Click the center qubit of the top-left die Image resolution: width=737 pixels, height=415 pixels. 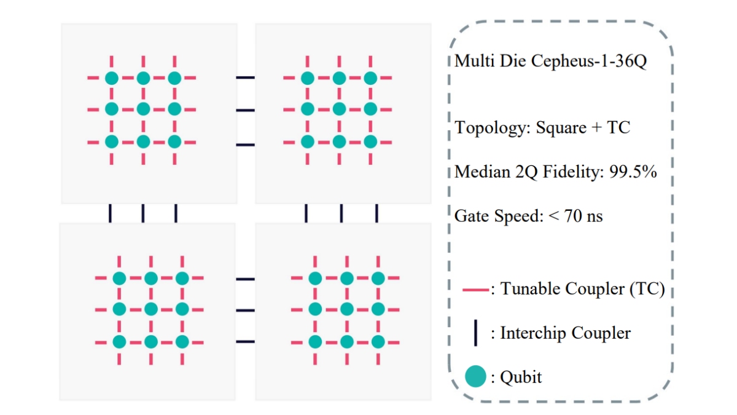pos(143,109)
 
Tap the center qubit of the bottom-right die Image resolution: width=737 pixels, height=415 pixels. pos(346,309)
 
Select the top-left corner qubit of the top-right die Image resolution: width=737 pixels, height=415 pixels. pos(308,78)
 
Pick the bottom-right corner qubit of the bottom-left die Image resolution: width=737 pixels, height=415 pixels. pos(182,341)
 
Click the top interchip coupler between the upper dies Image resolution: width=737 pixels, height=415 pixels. pos(246,77)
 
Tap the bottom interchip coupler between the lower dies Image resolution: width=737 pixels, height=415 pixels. pos(245,341)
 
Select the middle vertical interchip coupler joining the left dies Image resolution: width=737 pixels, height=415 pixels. pos(143,213)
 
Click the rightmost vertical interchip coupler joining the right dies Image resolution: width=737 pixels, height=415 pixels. pos(376,213)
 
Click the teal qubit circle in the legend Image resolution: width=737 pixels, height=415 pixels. pos(475,376)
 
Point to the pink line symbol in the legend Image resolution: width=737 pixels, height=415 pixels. pos(475,289)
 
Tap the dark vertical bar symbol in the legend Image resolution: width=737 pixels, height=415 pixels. pos(475,333)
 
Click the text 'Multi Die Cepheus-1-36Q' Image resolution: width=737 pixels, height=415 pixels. pos(551,62)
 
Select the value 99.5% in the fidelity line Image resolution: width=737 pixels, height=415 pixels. pos(633,172)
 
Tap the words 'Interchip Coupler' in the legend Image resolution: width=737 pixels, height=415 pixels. pos(565,333)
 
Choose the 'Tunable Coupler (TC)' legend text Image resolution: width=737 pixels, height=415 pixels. pos(582,289)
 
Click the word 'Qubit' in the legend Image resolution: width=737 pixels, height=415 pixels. pos(521,377)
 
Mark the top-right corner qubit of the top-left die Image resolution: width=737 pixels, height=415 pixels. pos(174,78)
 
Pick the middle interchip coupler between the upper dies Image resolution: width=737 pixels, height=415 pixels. pos(246,110)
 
